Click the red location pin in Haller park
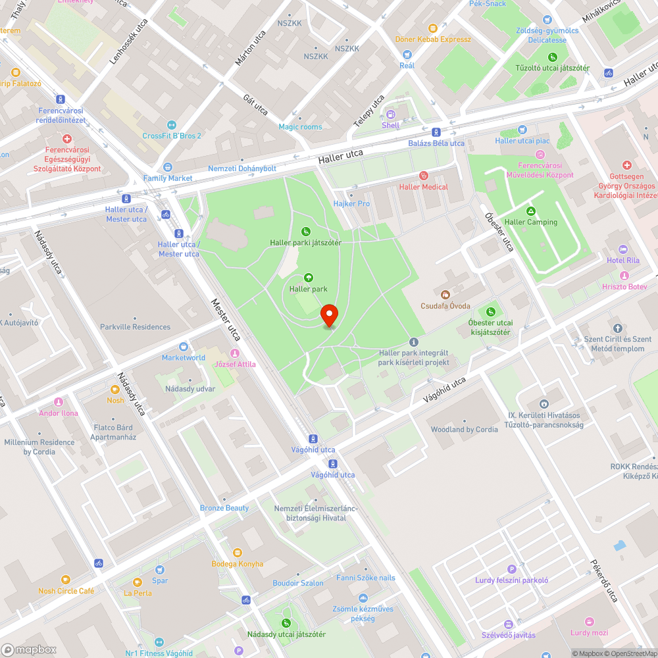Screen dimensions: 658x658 click(x=329, y=316)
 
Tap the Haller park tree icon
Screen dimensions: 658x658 click(x=309, y=278)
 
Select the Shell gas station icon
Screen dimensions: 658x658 click(x=390, y=114)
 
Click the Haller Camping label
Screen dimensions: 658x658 click(x=530, y=222)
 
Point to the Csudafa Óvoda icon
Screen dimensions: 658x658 click(x=445, y=295)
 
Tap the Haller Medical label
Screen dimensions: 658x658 click(x=423, y=187)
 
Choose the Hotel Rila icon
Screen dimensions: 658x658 click(x=622, y=249)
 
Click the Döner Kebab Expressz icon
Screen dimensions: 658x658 click(x=433, y=28)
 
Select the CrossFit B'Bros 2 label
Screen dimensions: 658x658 click(x=172, y=136)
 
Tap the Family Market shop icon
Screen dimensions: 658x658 click(x=168, y=167)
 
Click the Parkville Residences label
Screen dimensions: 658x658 click(x=135, y=327)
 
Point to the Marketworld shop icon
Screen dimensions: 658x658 click(x=184, y=347)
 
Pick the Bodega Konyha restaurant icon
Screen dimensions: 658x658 click(x=237, y=553)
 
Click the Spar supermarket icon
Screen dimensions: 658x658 click(x=160, y=570)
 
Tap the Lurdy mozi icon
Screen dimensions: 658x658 click(x=589, y=622)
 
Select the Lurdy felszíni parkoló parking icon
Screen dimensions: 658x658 click(x=511, y=569)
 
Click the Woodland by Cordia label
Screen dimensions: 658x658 click(x=464, y=430)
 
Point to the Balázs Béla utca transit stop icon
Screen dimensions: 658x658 click(x=436, y=132)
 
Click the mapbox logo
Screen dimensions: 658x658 click(x=30, y=649)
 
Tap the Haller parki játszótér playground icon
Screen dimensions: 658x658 click(x=305, y=232)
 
